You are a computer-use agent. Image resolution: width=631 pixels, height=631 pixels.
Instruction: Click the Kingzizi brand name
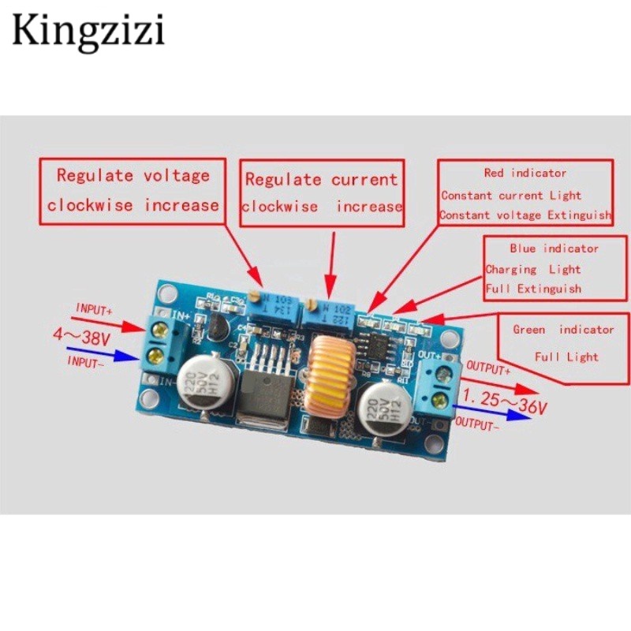[x=88, y=32]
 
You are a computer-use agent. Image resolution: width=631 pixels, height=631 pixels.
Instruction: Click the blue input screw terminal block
[x=162, y=345]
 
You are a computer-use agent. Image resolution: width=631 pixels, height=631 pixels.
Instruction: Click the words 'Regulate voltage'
[x=133, y=175]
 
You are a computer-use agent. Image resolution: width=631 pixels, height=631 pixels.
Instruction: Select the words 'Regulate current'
[x=321, y=180]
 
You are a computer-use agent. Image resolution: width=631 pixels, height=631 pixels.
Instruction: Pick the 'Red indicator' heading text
[x=525, y=172]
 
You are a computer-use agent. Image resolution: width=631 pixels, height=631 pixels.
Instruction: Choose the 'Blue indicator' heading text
[x=554, y=248]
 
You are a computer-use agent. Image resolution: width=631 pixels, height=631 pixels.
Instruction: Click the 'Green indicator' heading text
[x=563, y=329]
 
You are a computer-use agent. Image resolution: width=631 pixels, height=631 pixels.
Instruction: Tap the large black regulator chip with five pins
[x=267, y=384]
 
